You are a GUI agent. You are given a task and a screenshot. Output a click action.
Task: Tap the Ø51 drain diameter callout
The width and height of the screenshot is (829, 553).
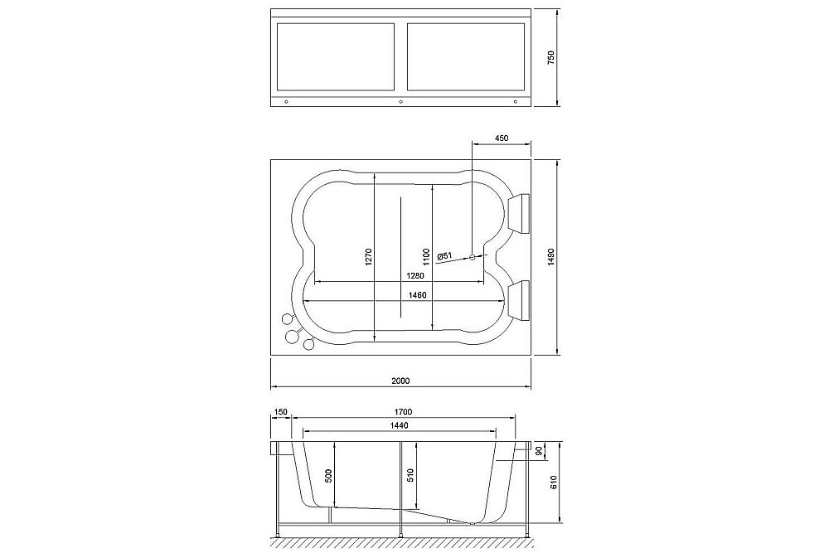coord(444,255)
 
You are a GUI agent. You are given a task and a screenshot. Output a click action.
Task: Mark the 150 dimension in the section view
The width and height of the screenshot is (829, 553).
coord(280,412)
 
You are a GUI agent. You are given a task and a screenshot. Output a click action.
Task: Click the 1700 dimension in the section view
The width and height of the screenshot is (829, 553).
coord(404,412)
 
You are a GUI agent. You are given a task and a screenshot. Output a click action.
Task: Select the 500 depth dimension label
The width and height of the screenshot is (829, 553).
coord(328,476)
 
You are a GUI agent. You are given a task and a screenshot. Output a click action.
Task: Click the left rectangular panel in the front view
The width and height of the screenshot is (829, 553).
coord(335,56)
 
